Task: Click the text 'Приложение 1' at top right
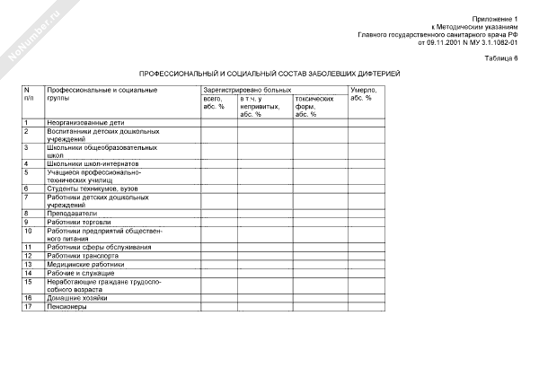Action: click(x=500, y=18)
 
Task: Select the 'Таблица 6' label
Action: click(x=504, y=56)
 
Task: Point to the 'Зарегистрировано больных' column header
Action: click(x=247, y=91)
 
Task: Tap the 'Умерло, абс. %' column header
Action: click(x=363, y=94)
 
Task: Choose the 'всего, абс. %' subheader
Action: click(x=216, y=102)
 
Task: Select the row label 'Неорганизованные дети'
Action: click(x=87, y=122)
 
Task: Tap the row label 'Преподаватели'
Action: click(x=71, y=213)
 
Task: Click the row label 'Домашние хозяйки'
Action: click(x=77, y=297)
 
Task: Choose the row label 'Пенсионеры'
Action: click(x=66, y=306)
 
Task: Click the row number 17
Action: click(x=29, y=306)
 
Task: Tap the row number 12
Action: click(x=29, y=255)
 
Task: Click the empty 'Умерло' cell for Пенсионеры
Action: click(x=368, y=306)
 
